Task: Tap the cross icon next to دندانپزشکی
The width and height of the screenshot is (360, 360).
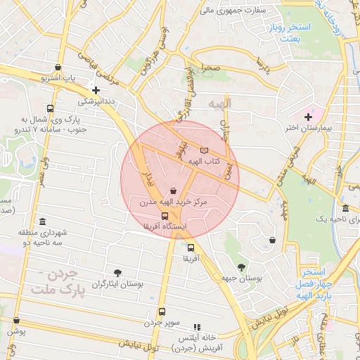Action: click(96, 90)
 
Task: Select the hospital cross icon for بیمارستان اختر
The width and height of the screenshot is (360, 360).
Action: click(308, 116)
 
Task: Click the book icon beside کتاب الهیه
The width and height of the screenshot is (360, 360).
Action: click(205, 150)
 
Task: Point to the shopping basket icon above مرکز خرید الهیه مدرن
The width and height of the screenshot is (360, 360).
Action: click(173, 191)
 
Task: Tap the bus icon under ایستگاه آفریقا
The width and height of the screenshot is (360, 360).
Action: click(165, 216)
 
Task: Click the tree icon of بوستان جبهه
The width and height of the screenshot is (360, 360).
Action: click(242, 267)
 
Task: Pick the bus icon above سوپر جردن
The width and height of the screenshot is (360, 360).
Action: click(162, 311)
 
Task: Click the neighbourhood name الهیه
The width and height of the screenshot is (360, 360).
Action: click(220, 104)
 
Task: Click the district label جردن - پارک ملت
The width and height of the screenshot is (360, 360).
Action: click(60, 281)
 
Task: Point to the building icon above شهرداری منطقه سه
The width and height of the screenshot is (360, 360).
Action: click(43, 222)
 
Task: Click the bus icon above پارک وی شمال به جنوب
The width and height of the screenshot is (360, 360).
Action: click(49, 109)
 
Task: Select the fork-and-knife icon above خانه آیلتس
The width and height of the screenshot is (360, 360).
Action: click(197, 327)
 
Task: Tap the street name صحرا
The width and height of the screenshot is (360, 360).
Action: click(212, 68)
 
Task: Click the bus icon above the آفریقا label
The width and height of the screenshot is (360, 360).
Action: click(191, 247)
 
